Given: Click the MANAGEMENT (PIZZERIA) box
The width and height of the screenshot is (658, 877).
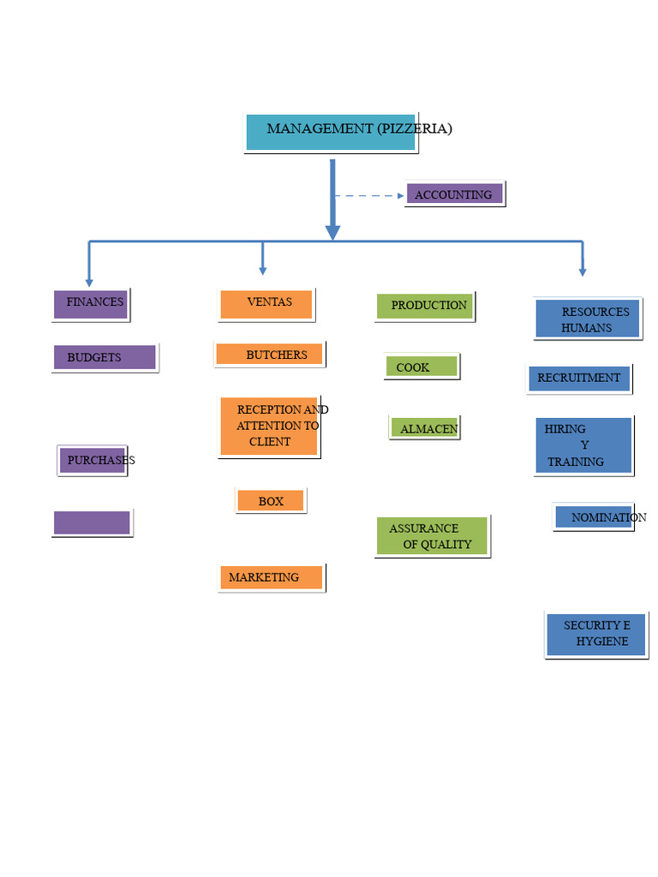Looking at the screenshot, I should click(331, 132).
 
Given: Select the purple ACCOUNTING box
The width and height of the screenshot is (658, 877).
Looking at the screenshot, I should click(455, 194).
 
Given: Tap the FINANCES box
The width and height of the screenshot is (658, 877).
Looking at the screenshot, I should click(91, 304).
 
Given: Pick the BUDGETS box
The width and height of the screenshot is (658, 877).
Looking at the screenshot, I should click(105, 357).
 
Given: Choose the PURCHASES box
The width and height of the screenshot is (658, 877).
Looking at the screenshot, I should click(93, 460).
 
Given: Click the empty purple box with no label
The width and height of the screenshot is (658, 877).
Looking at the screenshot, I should click(92, 522).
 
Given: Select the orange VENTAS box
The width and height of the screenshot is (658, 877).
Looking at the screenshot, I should click(266, 304).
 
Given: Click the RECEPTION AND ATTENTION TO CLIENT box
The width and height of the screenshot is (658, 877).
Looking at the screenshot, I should click(269, 426).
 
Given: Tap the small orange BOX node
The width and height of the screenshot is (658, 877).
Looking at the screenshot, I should click(270, 500).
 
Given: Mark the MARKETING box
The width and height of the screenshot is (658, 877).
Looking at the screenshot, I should click(271, 577).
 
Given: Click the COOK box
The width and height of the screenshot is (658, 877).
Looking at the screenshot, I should click(421, 367).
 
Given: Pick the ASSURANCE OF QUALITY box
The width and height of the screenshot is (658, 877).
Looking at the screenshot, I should click(432, 536).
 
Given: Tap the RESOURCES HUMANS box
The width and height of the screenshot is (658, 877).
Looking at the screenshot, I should click(587, 319).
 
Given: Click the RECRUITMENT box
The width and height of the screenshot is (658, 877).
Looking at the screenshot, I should click(579, 378).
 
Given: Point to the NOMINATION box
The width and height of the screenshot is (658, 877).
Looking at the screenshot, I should click(594, 516).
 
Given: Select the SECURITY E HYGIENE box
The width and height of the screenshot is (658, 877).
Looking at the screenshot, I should click(595, 634).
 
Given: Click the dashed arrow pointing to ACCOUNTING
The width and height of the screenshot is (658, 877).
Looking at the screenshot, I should click(368, 196).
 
